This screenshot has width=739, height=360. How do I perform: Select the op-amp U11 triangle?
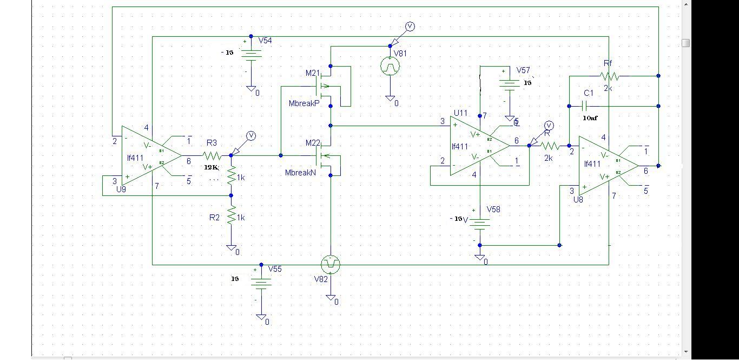[x=476, y=146]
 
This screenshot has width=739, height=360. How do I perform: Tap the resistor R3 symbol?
[x=212, y=155]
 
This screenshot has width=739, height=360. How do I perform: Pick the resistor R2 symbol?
[x=232, y=217]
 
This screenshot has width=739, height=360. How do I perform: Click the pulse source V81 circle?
[x=390, y=66]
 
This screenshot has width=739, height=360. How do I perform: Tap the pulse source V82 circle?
[x=330, y=265]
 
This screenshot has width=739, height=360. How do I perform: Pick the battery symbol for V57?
[x=510, y=84]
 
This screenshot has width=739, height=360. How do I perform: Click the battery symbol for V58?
[x=480, y=222]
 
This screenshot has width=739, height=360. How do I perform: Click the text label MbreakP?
[x=305, y=103]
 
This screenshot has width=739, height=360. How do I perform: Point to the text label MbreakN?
[x=301, y=173]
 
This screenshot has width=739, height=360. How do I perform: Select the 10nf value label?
[x=590, y=117]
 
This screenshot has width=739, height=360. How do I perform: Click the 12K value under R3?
[x=211, y=167]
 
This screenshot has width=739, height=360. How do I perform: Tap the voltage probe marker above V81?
[x=410, y=27]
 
